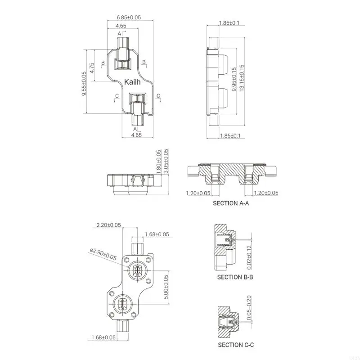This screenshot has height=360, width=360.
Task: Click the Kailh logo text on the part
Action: pyautogui.click(x=132, y=82)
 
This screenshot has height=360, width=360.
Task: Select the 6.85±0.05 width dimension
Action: pyautogui.click(x=129, y=17)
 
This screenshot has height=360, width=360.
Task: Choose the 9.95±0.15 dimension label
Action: pyautogui.click(x=234, y=79)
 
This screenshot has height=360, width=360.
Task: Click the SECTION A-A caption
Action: pyautogui.click(x=231, y=203)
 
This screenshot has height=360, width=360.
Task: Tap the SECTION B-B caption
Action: pyautogui.click(x=235, y=277)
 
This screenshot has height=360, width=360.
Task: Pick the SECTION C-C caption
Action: pyautogui.click(x=236, y=345)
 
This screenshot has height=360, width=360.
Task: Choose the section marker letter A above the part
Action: pyautogui.click(x=119, y=34)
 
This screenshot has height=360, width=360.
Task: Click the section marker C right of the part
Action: pyautogui.click(x=158, y=96)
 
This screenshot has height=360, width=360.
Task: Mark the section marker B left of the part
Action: pyautogui.click(x=103, y=62)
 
